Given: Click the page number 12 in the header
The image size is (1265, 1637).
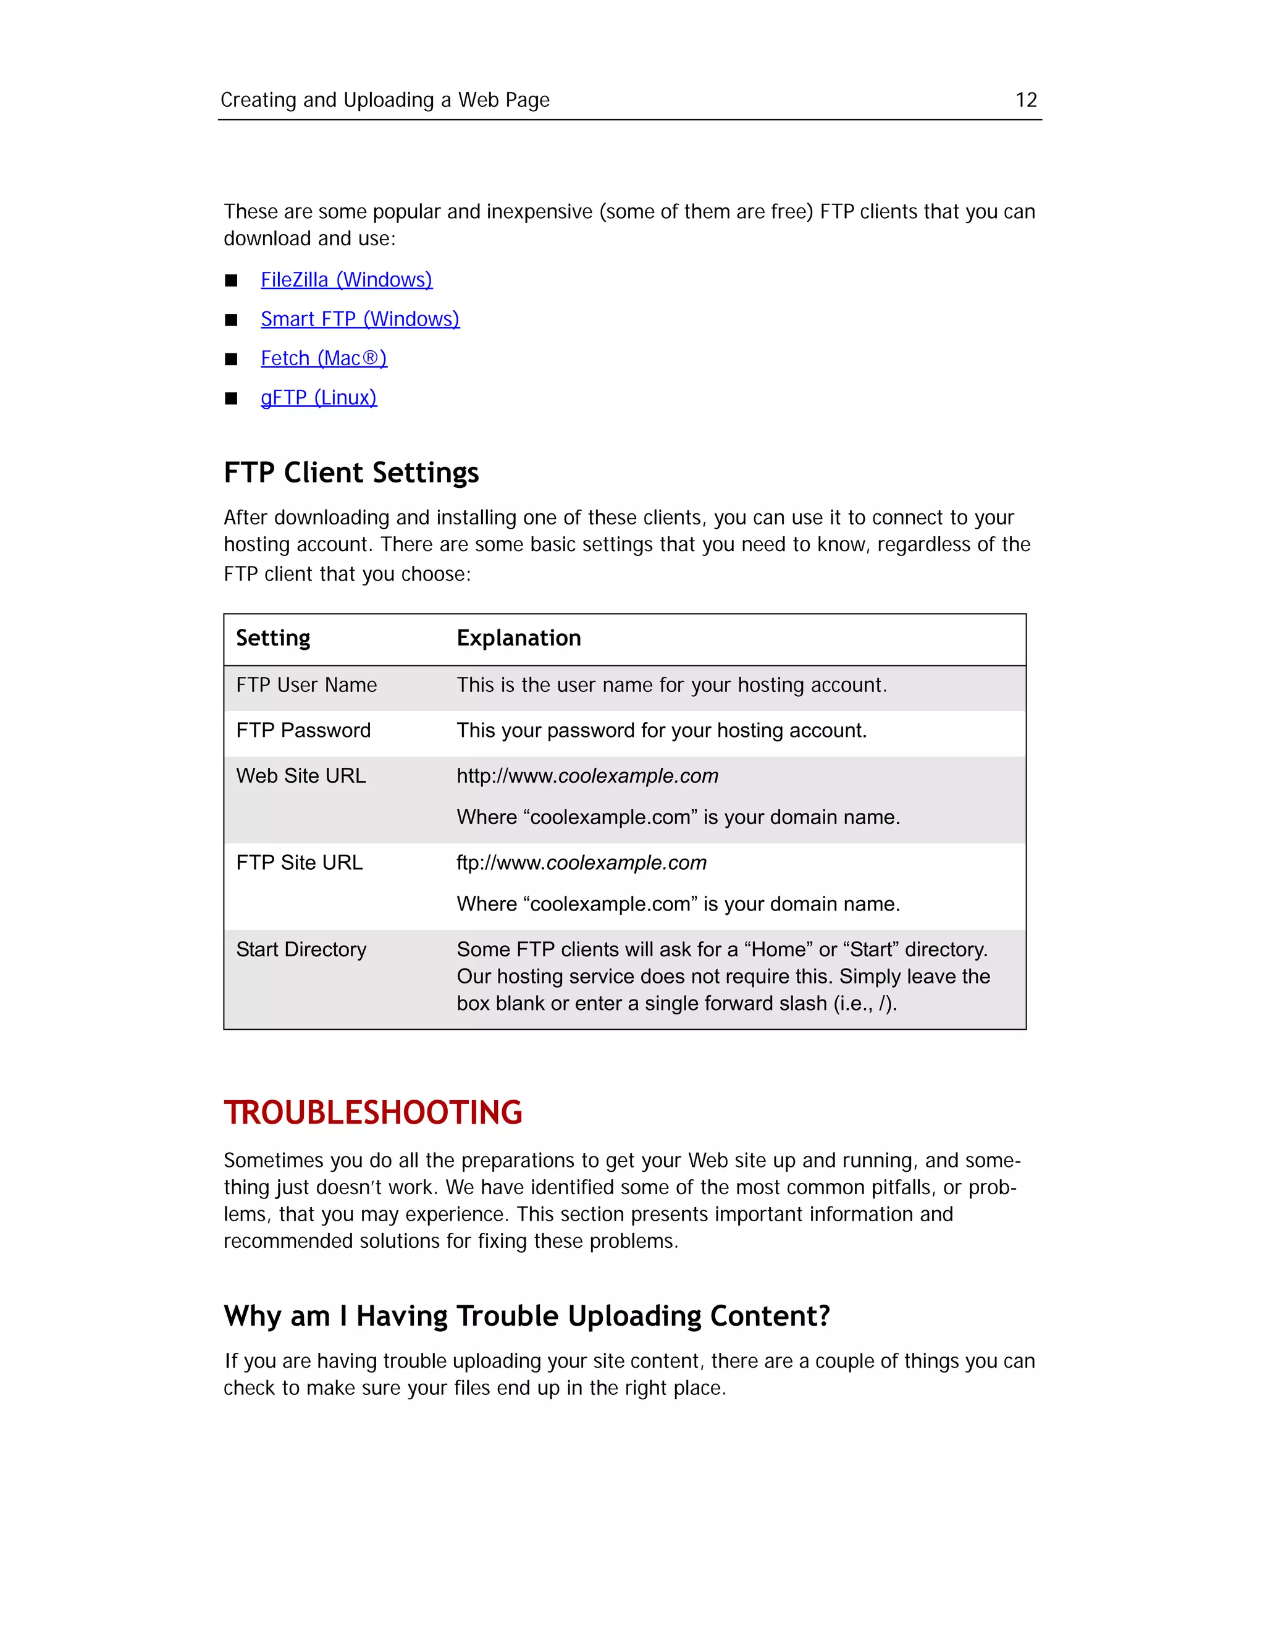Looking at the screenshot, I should click(x=1025, y=99).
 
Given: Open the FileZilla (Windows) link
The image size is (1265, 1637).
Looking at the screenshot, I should click(x=347, y=280).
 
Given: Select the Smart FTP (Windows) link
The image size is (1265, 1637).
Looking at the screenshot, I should click(x=359, y=319).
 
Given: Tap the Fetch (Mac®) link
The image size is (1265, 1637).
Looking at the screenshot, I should click(x=324, y=358).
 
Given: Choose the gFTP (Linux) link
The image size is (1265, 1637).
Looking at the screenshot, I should click(x=319, y=397).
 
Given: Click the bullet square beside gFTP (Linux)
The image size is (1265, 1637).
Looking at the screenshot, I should click(x=231, y=398).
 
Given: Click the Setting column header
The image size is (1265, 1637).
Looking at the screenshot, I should click(x=273, y=638).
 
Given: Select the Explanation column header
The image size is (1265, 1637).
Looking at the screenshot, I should click(x=519, y=638).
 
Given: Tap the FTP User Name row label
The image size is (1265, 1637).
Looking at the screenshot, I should click(x=306, y=685).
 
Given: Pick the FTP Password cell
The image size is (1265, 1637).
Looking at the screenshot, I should click(x=303, y=730).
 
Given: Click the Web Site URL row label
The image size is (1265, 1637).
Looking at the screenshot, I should click(x=301, y=776).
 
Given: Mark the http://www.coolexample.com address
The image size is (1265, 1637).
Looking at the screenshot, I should click(x=587, y=776).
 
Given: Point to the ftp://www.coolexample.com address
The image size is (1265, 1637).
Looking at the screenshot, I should click(x=581, y=863).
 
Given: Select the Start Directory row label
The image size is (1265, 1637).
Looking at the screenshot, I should click(x=301, y=949).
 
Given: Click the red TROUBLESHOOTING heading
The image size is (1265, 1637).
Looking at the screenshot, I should click(x=372, y=1113).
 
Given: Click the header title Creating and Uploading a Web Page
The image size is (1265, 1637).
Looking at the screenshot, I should click(x=384, y=99).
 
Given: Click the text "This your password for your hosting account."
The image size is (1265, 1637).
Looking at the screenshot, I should click(x=661, y=730).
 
